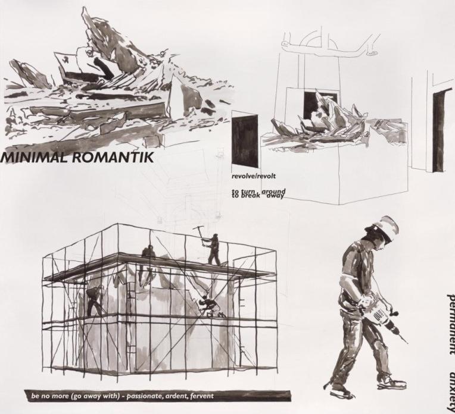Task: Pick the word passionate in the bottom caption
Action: coord(134,396)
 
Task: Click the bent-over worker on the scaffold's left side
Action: coord(95,300)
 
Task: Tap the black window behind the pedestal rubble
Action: coord(312,104)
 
